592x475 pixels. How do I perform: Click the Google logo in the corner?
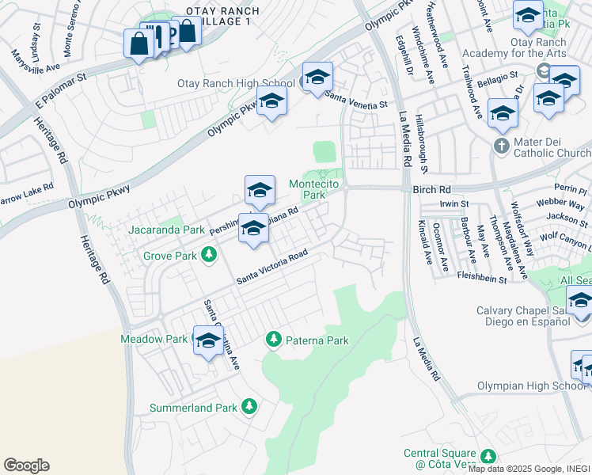point(26,465)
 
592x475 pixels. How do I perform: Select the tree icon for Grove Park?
point(209,255)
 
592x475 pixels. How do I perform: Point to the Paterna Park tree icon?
point(274,339)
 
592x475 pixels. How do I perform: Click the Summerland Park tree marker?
point(249,406)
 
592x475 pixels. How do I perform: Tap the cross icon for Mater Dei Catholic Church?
point(501,146)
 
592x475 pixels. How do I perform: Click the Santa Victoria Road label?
point(273,269)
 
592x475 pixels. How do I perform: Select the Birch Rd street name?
point(431,190)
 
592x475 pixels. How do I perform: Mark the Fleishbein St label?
point(481,278)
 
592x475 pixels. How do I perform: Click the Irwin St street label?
point(454,204)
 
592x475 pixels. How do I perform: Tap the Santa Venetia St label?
point(357,103)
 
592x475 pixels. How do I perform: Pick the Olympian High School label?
point(530,386)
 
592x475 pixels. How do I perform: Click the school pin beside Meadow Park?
point(208,341)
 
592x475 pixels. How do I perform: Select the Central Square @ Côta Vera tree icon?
point(488,455)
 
